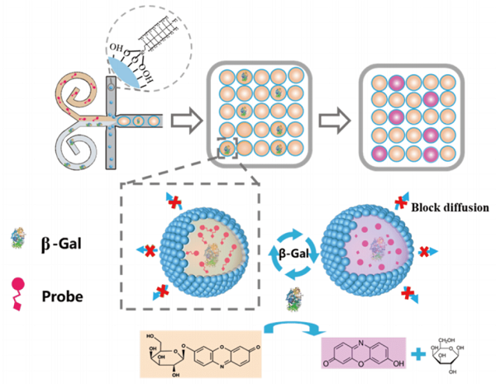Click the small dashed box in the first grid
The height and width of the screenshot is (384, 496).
pos(229,149)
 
